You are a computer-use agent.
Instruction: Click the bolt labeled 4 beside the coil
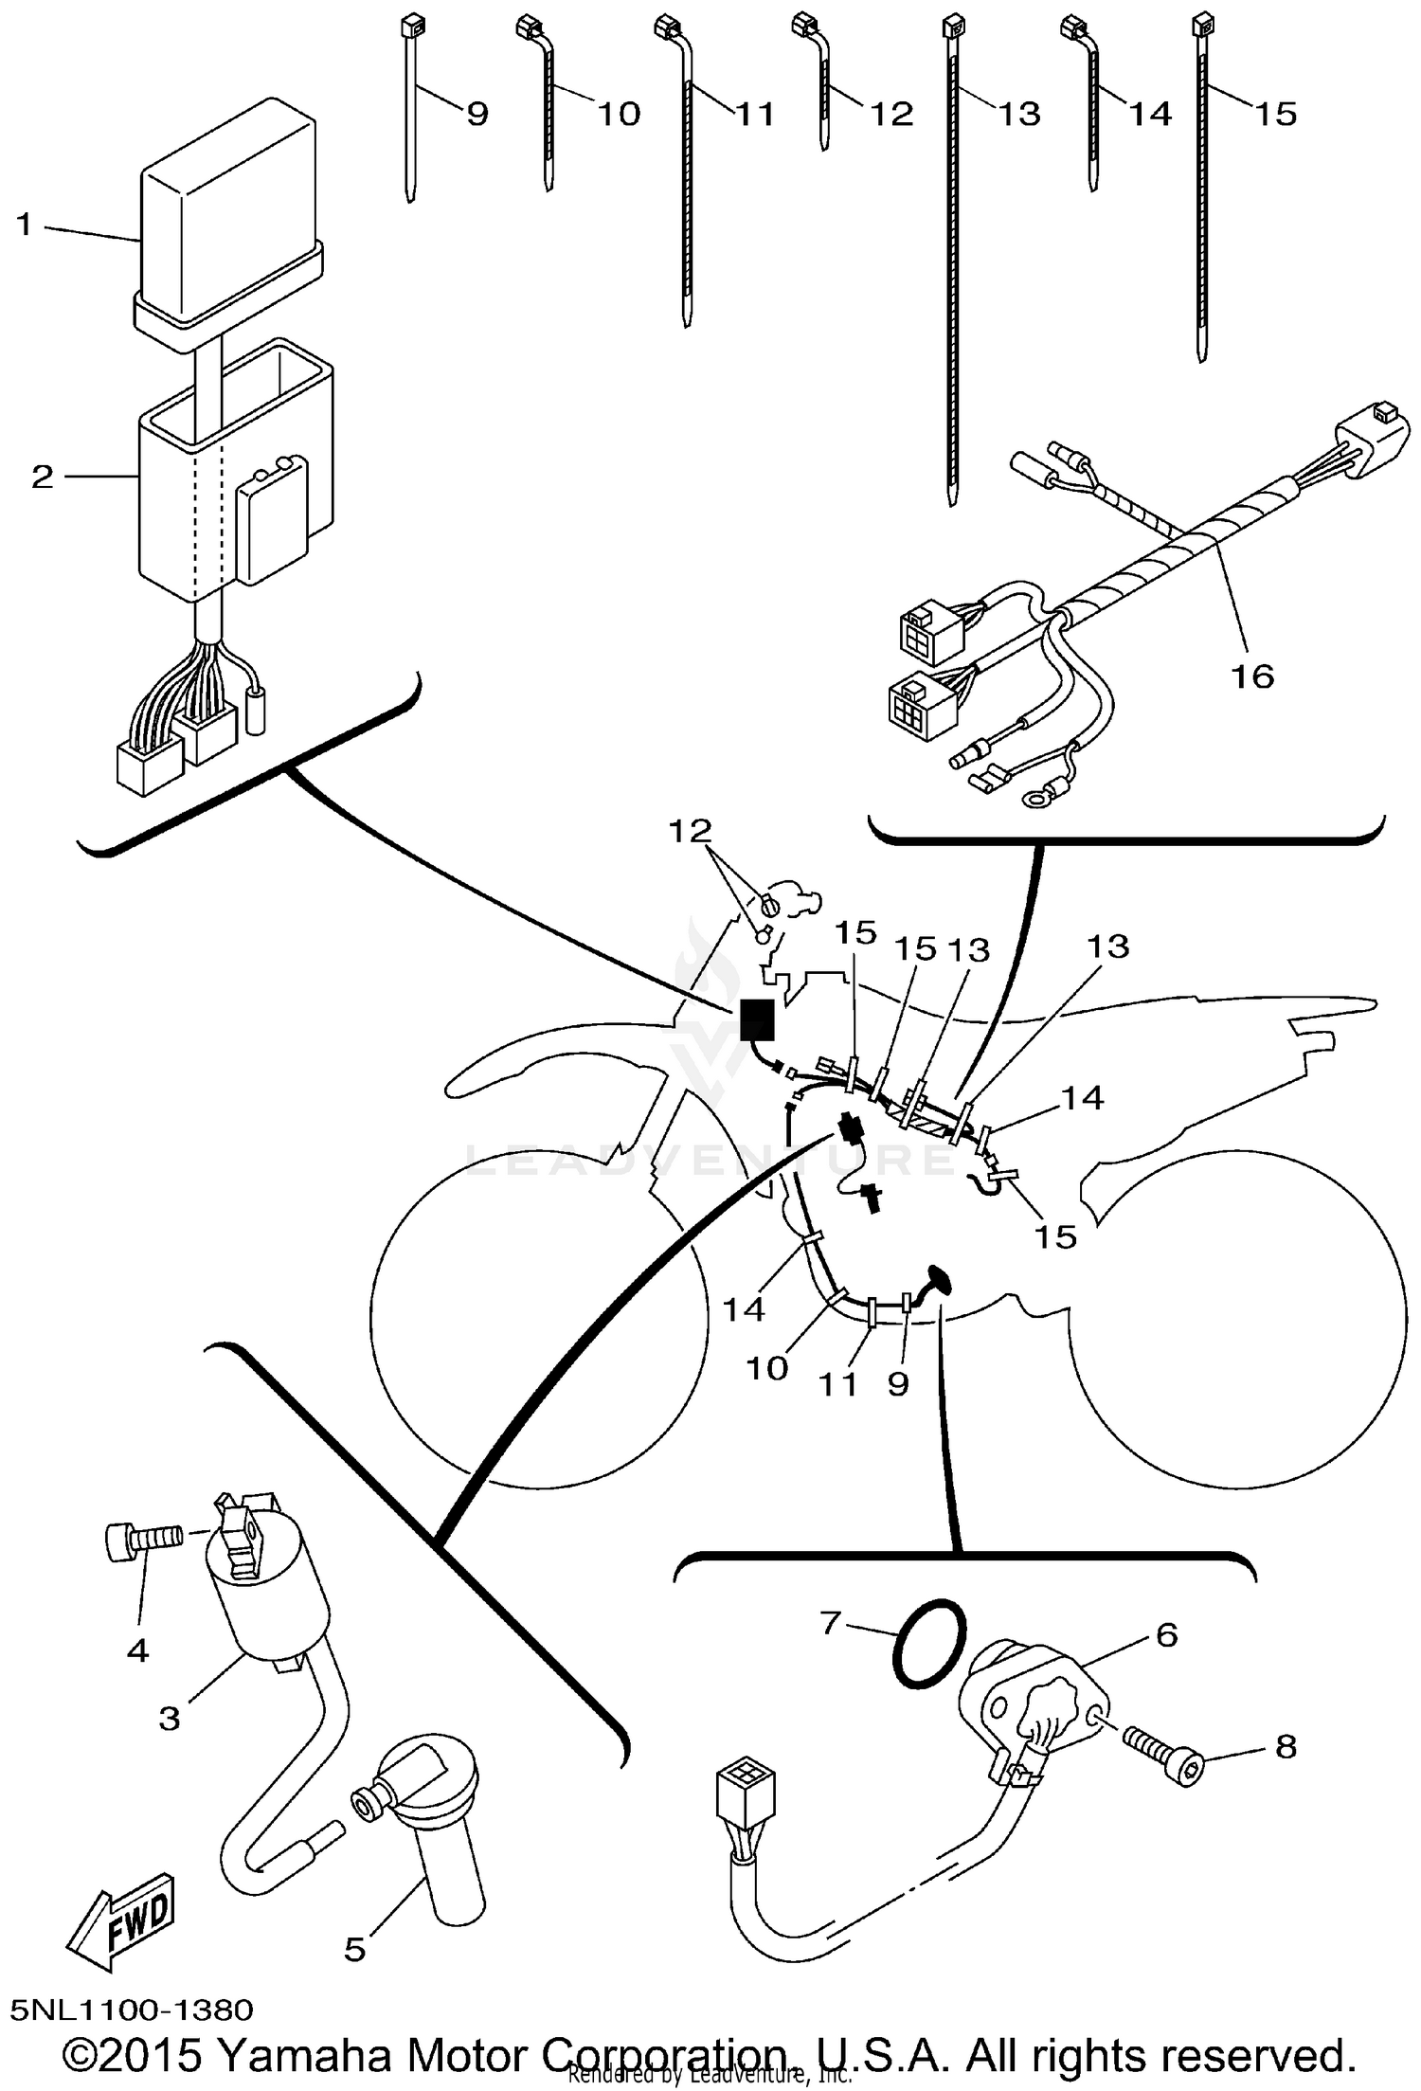coord(141,1537)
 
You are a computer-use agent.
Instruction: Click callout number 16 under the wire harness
coord(1251,676)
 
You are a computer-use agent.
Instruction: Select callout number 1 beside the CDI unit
coord(25,225)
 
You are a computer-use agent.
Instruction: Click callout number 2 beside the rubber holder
coord(43,477)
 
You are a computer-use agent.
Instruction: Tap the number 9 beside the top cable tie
coord(477,115)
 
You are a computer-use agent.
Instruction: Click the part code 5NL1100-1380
coord(133,2009)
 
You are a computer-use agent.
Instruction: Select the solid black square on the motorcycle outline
coord(755,1019)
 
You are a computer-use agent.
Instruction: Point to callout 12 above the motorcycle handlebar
coord(690,831)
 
